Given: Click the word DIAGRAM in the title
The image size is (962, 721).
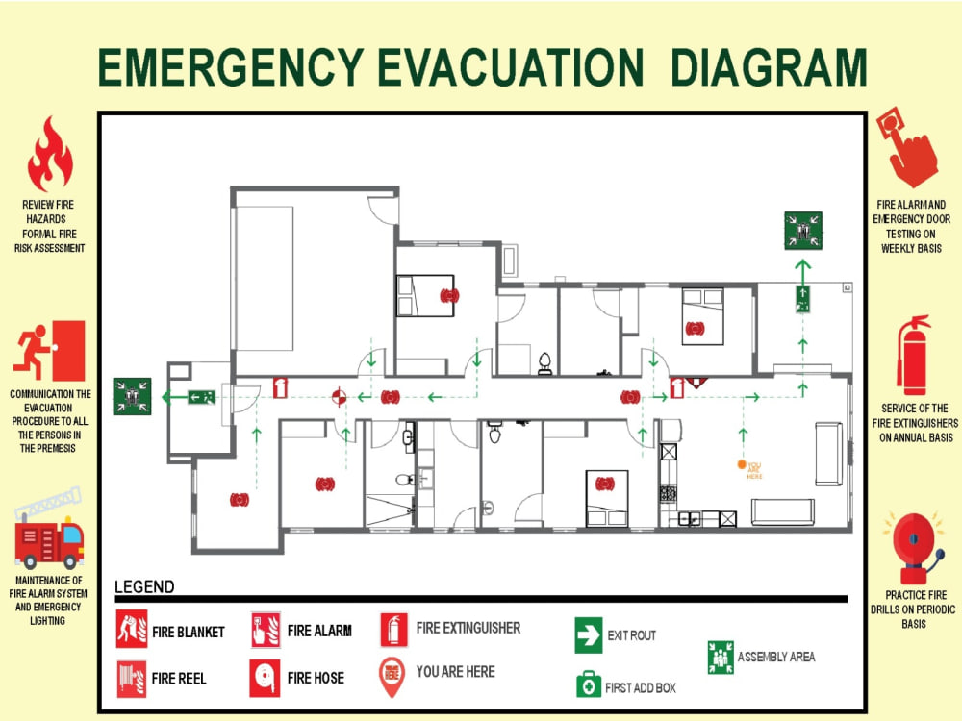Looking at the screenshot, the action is (x=769, y=67).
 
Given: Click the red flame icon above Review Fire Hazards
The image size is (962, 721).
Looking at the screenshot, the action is (x=50, y=154).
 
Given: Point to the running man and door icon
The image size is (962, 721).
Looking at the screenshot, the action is (x=50, y=350).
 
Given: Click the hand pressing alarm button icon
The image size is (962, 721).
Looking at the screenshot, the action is (x=907, y=147).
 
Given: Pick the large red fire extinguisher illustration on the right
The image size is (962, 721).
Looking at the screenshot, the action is (x=914, y=356).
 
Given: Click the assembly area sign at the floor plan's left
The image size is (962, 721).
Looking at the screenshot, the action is (x=132, y=397).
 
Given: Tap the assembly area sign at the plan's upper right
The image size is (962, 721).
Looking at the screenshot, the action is (x=803, y=231).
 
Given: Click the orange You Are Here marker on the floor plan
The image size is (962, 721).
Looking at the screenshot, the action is (x=742, y=464).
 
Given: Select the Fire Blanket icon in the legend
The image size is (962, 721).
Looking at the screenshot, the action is (x=132, y=629).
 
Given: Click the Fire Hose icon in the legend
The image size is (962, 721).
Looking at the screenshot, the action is (x=266, y=678).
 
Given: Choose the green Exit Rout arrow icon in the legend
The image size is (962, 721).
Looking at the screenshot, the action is (x=589, y=635).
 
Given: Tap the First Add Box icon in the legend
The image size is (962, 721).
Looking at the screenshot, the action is (x=589, y=684).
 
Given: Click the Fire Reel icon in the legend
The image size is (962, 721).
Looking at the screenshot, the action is (x=132, y=679).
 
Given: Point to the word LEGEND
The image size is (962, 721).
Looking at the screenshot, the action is (x=145, y=586).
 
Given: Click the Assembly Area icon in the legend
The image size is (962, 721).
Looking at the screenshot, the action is (x=721, y=658).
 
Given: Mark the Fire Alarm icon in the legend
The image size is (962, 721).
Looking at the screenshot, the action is (x=266, y=630).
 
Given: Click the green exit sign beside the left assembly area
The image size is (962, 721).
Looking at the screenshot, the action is (x=201, y=397).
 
